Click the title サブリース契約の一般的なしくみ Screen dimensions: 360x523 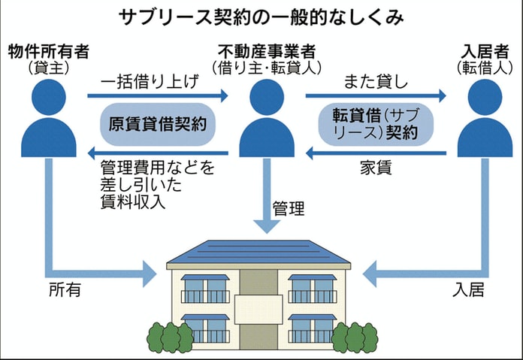click(261, 17)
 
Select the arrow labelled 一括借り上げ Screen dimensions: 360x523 click(158, 95)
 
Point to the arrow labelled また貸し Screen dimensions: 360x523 click(376, 95)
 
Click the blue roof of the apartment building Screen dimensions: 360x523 click(259, 252)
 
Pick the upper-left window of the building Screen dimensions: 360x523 click(205, 289)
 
